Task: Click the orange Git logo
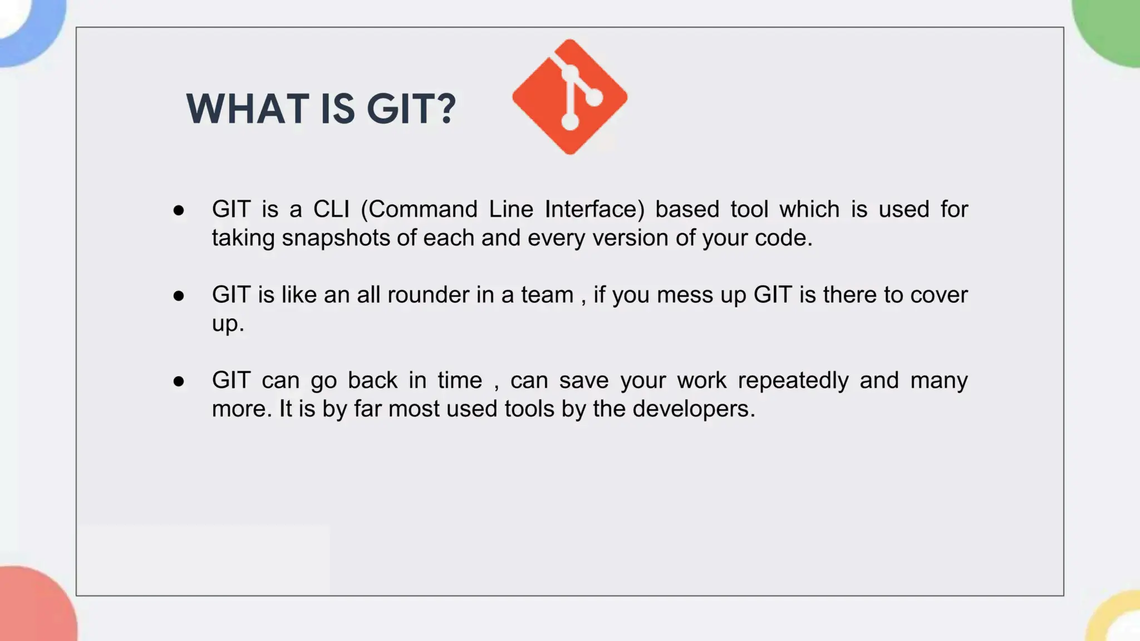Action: coord(569,97)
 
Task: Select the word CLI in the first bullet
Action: coord(331,210)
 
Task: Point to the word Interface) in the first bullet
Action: coord(594,210)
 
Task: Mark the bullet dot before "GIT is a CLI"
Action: coord(179,210)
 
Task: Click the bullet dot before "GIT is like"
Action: coord(179,296)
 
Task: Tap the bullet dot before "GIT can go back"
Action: coord(179,382)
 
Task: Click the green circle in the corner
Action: coord(1110,31)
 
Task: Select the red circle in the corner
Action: coord(33,607)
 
